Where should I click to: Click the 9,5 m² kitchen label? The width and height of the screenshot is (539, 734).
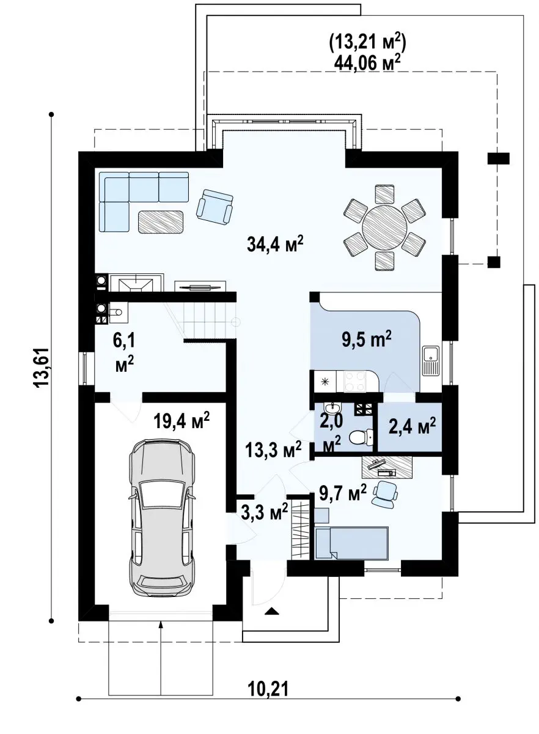click(x=367, y=340)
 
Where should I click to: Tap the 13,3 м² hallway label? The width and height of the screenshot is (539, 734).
click(x=273, y=450)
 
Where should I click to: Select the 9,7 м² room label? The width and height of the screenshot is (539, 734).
click(x=342, y=494)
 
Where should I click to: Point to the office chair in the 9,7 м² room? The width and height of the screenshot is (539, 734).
click(x=385, y=494)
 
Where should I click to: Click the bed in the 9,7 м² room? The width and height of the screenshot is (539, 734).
click(x=351, y=543)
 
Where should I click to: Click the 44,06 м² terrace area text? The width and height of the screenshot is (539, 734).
click(x=367, y=62)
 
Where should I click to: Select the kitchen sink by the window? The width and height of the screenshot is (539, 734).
click(x=431, y=361)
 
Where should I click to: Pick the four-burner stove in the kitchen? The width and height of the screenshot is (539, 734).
click(x=355, y=380)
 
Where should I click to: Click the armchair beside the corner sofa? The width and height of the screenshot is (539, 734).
click(x=215, y=207)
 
